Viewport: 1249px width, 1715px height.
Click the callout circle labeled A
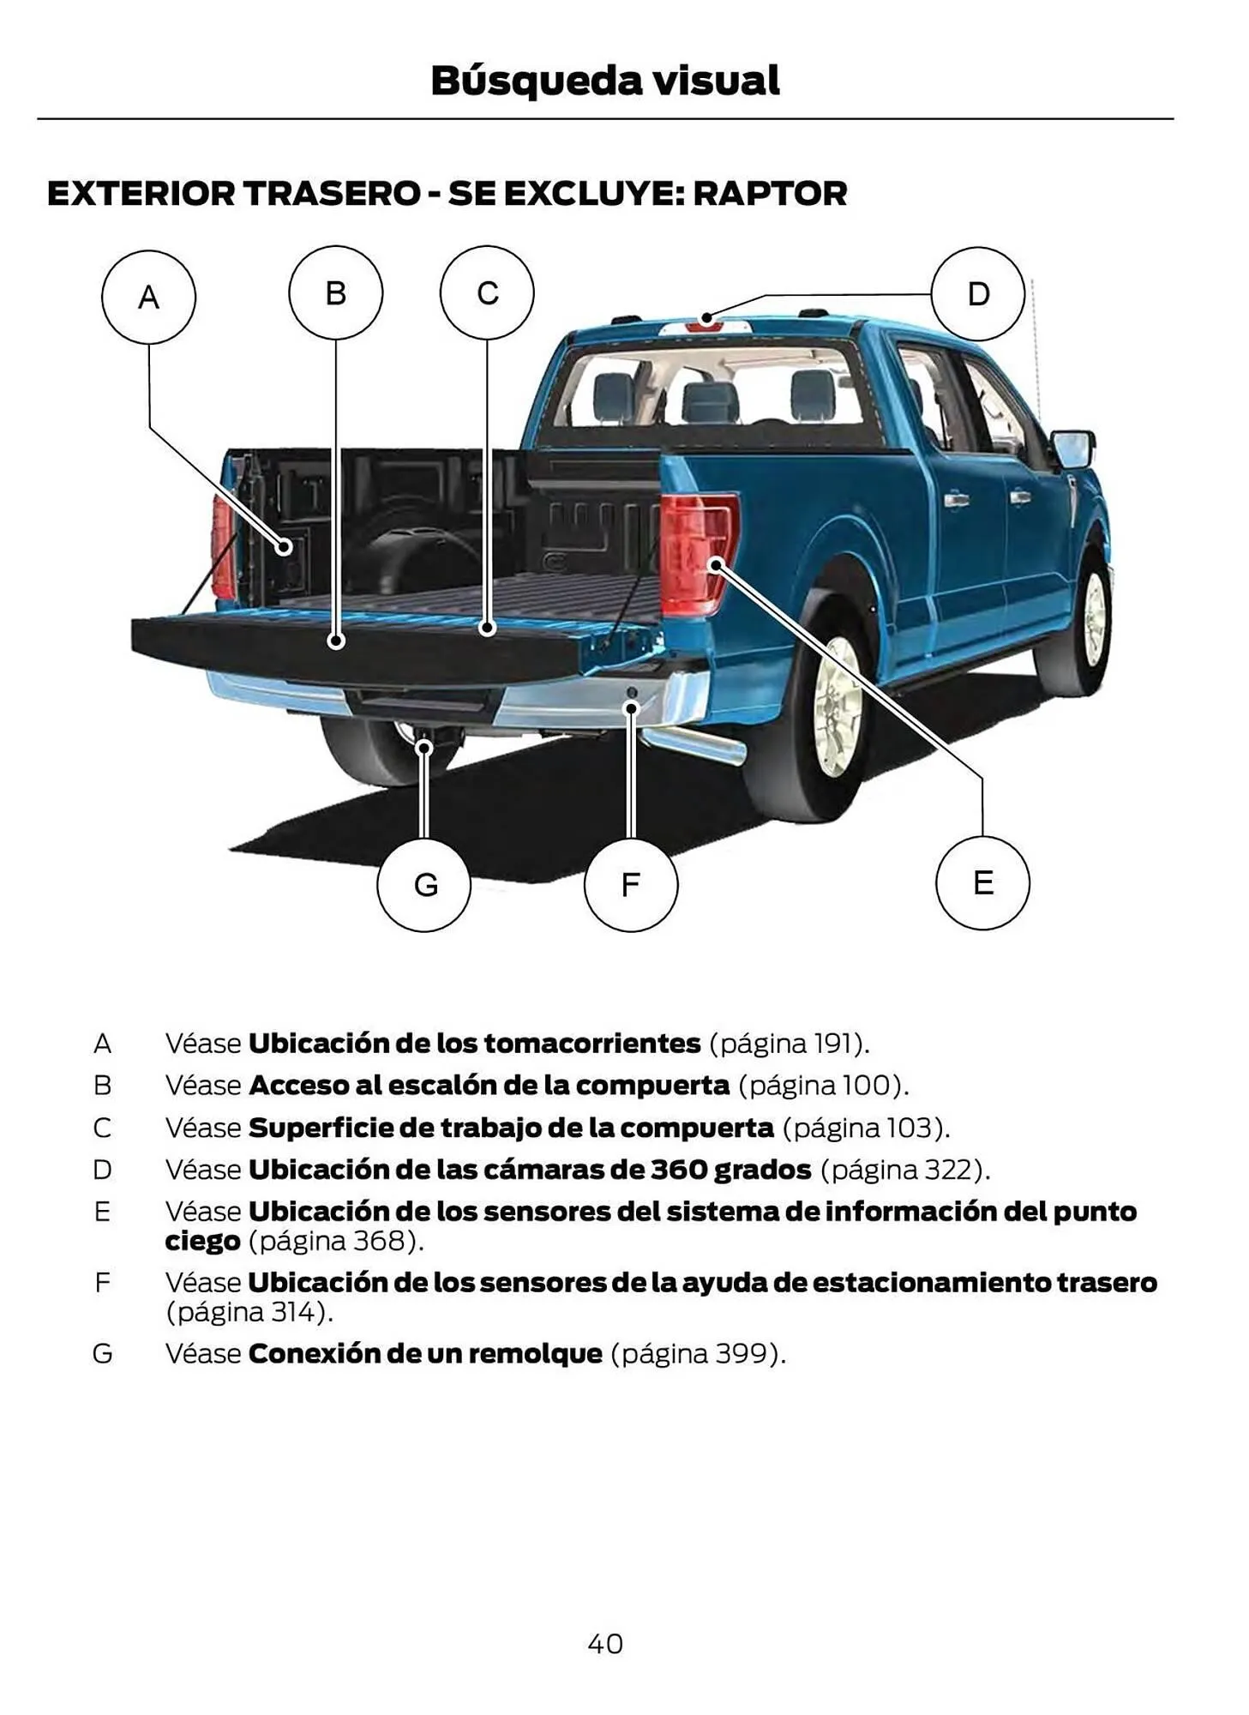(148, 297)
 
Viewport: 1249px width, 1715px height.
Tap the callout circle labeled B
(335, 293)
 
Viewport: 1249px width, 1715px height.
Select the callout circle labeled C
(487, 293)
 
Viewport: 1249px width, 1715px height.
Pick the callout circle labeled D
(977, 294)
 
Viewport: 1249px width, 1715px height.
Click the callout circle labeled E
(982, 882)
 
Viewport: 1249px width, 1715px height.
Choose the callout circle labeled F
(630, 884)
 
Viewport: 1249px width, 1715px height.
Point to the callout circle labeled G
(423, 884)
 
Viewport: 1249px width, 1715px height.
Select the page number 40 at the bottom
(605, 1643)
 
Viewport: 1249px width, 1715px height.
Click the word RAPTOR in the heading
(769, 194)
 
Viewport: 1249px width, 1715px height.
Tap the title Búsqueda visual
(605, 81)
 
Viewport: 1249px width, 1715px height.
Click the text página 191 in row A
(788, 1044)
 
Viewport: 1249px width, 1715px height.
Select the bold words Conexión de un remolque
(425, 1353)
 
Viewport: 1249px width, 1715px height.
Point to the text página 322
(904, 1170)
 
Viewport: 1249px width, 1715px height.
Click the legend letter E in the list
(102, 1212)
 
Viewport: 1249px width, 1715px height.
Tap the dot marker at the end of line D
(706, 318)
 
